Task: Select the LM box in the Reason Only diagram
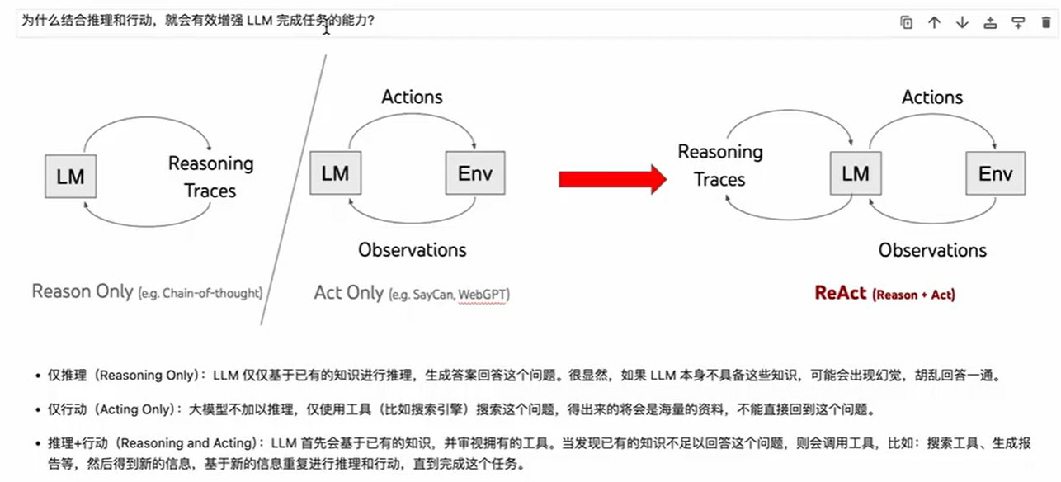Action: (70, 176)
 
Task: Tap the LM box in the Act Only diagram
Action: (335, 173)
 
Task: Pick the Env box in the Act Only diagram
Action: (474, 173)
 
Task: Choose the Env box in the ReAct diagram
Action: (995, 173)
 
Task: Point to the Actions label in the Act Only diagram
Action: (412, 97)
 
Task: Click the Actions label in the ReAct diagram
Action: (932, 97)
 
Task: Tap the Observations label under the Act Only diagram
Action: (412, 249)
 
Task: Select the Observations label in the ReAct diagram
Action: (932, 250)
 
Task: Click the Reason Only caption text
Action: (82, 291)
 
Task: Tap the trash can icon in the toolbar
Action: (1046, 23)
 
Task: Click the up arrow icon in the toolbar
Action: (934, 23)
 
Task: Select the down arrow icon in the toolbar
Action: (962, 23)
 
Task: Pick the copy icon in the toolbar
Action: (906, 23)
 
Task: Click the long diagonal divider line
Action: (293, 190)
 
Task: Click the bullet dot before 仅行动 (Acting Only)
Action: (38, 409)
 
